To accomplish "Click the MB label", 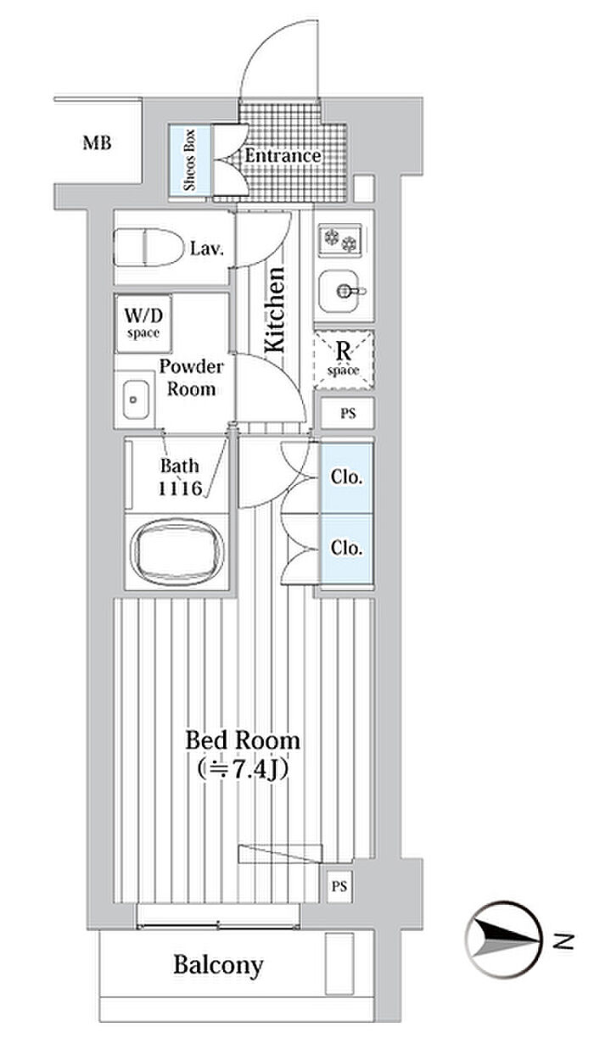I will point(96,142).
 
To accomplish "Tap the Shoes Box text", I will point(190,160).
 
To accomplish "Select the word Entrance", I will point(283,156).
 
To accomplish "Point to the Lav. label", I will point(206,248).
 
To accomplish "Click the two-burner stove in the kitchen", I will point(341,241).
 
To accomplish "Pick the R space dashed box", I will point(344,357).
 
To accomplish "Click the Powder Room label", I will point(192,378).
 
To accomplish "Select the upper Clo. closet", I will point(345,477).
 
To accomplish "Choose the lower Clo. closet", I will point(345,549).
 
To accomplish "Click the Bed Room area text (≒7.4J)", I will point(243,771).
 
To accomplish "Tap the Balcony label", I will point(218,964).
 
